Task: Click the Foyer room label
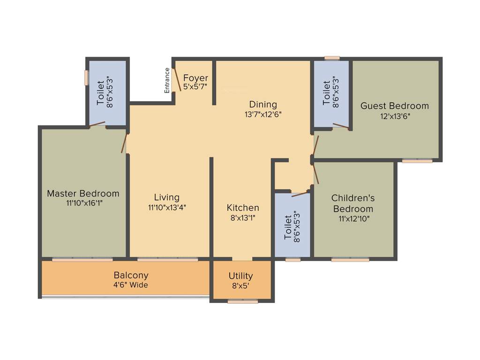tap(195, 78)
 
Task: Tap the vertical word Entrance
tap(167, 80)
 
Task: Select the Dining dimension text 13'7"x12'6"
tap(262, 113)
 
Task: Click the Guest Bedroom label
tap(394, 106)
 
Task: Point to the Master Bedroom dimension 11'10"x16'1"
tap(83, 203)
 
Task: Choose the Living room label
tap(166, 197)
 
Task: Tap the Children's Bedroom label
tap(353, 203)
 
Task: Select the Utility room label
tap(240, 276)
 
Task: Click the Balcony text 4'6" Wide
tap(131, 285)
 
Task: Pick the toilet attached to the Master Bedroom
tap(107, 92)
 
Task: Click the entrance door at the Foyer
tap(177, 79)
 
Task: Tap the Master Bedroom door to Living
tap(124, 142)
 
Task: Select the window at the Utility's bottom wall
tap(242, 302)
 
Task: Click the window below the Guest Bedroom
tap(417, 161)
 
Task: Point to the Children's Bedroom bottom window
tap(350, 259)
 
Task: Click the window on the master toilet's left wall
tap(87, 77)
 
